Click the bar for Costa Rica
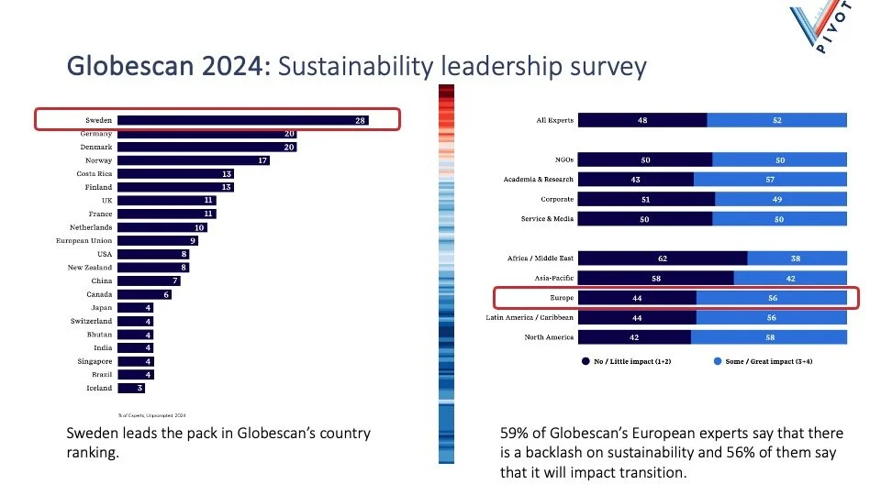click(175, 173)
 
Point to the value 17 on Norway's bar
click(262, 160)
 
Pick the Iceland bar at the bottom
click(128, 388)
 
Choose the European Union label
click(84, 240)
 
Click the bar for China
click(149, 280)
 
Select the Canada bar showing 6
click(144, 294)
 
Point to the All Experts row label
click(554, 120)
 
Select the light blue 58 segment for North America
click(768, 336)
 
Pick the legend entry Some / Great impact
click(766, 361)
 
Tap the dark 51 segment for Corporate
click(647, 198)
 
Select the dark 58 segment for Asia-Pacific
click(656, 278)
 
